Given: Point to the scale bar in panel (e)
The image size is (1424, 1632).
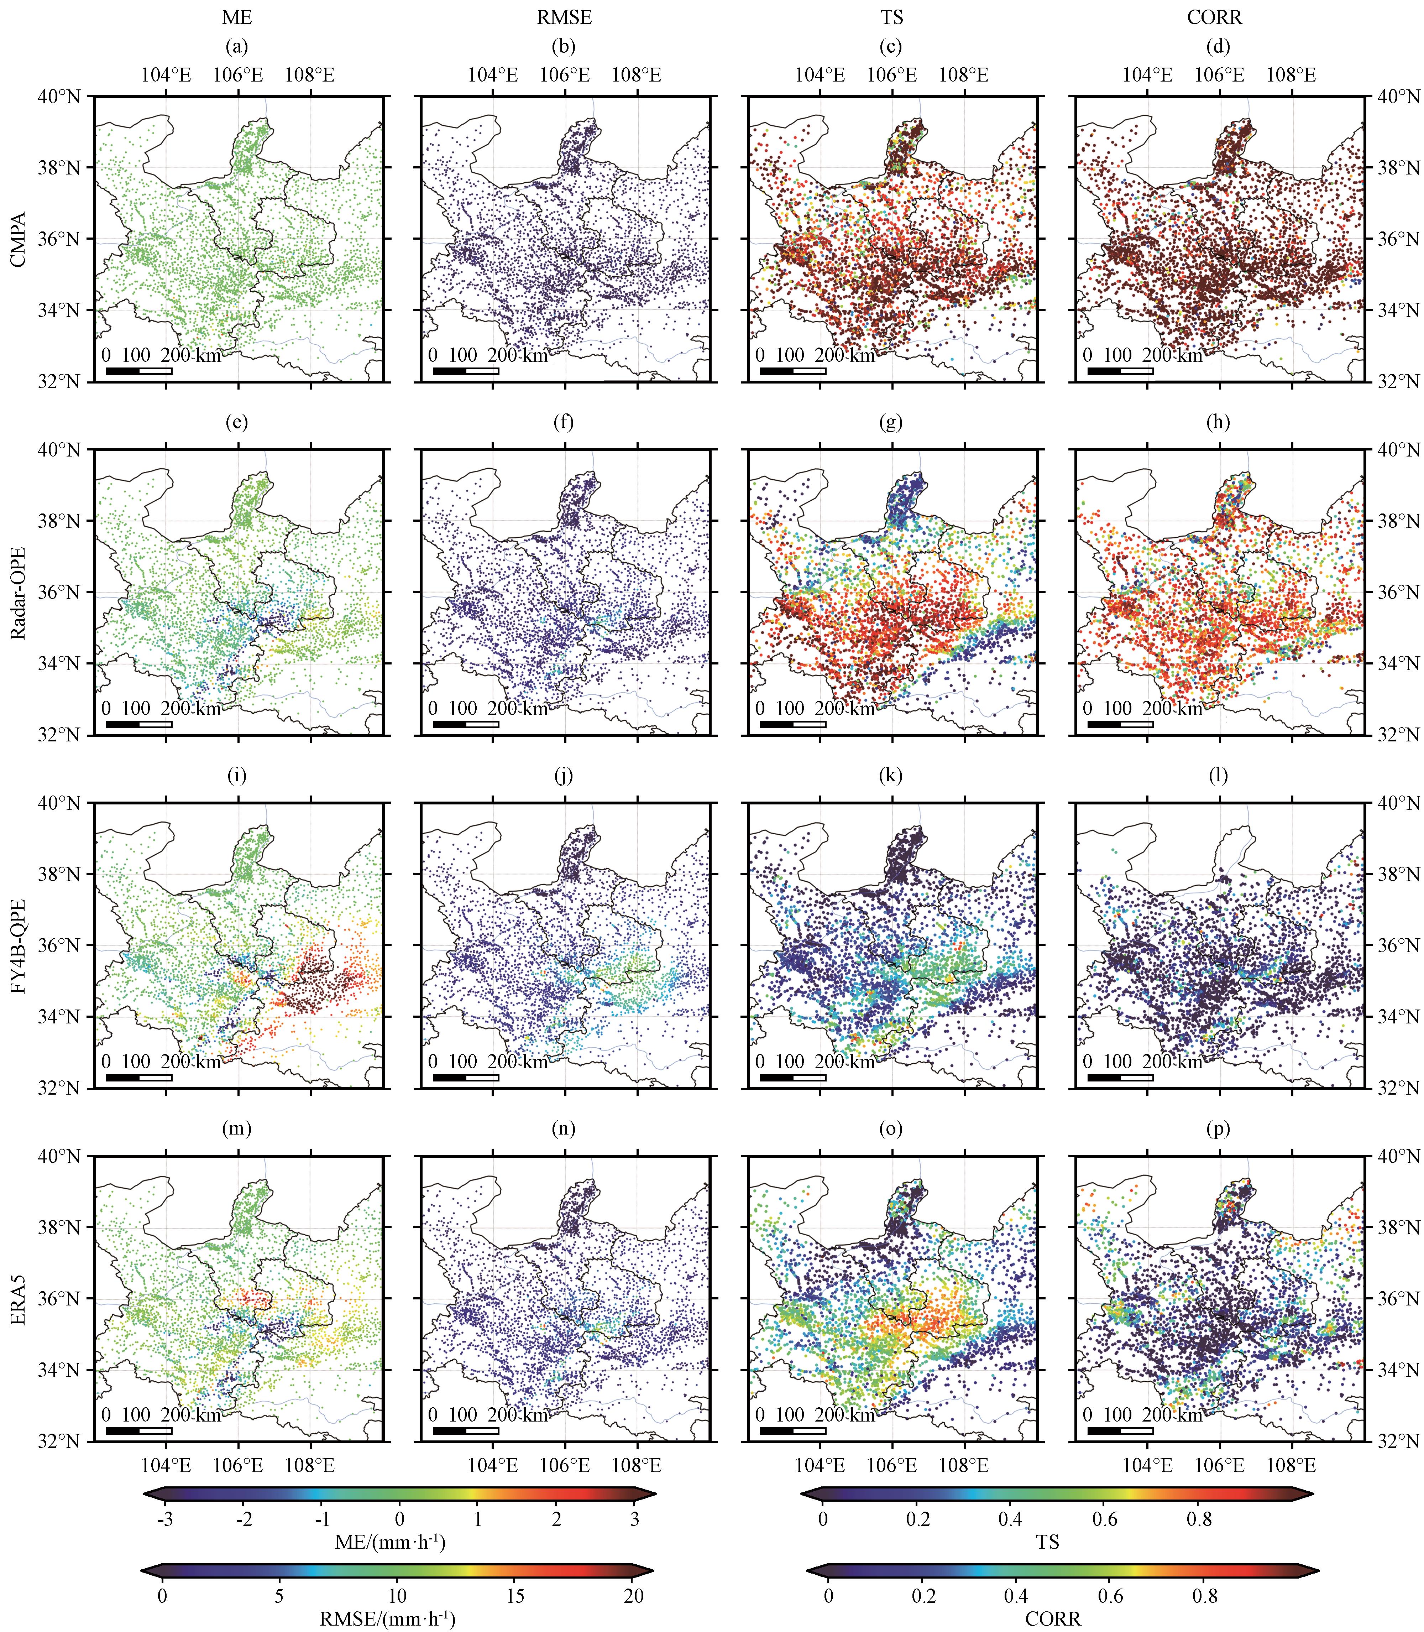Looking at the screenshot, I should pyautogui.click(x=139, y=724).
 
